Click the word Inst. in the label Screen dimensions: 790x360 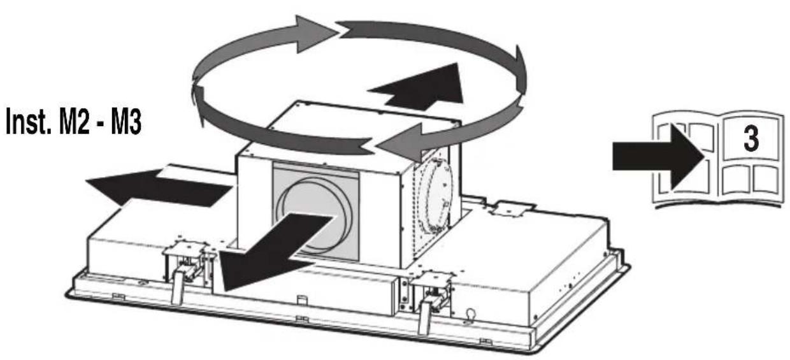29,122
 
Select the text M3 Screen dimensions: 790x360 127,122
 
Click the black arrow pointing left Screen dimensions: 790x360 159,187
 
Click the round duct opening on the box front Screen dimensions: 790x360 314,216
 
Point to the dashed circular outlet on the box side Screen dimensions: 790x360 436,198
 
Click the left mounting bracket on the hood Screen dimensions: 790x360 186,261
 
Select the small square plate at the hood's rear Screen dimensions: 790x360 510,209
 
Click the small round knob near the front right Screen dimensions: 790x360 470,314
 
